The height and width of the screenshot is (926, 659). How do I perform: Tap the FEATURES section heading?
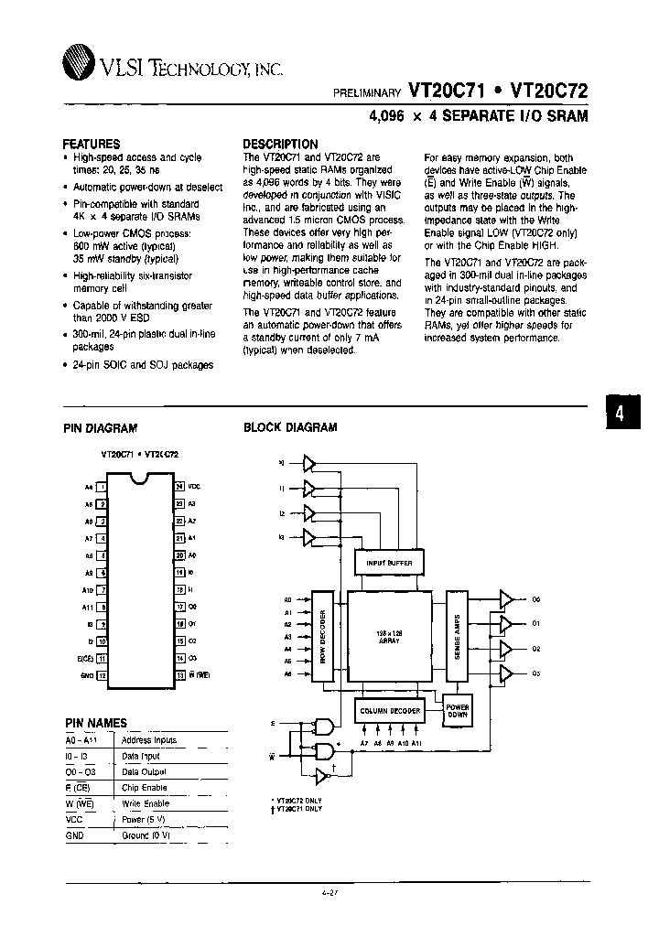[x=91, y=144]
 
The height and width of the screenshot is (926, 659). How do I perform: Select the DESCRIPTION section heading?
[x=280, y=144]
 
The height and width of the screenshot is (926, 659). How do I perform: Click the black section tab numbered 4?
[x=620, y=413]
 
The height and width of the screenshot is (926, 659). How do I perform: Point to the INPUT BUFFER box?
[x=388, y=563]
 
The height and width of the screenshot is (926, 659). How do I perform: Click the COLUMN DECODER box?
[x=388, y=711]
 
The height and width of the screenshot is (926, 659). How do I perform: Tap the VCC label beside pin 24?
[x=193, y=486]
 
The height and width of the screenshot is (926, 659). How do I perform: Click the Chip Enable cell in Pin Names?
[x=144, y=787]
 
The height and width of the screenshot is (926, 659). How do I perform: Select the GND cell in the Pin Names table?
[x=74, y=834]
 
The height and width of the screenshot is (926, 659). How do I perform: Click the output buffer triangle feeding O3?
[x=505, y=673]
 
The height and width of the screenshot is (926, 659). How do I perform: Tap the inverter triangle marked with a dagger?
[x=319, y=777]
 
